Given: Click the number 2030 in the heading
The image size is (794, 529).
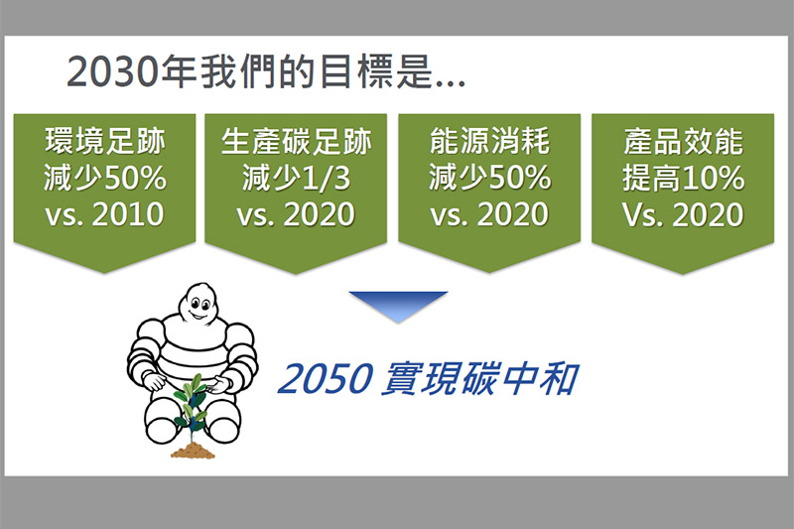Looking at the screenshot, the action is [113, 71].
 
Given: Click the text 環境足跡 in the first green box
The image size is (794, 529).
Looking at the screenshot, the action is [105, 141].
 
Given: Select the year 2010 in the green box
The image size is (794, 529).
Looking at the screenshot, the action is [128, 214].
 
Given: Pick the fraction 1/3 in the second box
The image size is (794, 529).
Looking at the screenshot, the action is [325, 178].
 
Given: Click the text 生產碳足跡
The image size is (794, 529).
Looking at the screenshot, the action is [296, 141].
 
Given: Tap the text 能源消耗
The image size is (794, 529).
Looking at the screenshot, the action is [489, 141].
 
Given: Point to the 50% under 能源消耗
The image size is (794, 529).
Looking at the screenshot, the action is [519, 178].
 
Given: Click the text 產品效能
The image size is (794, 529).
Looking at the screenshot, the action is [683, 141].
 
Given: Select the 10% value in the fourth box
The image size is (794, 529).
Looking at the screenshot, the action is [713, 178].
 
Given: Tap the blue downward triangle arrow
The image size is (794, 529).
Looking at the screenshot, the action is [398, 307].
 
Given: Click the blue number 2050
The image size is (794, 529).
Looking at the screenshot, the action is [326, 379].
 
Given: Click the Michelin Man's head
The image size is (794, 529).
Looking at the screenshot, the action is [198, 302].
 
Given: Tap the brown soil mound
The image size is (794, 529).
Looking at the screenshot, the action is [193, 450].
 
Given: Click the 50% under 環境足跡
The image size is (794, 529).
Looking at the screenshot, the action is [135, 178].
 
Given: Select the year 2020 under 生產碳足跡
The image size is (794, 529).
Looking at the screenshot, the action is [319, 214].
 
